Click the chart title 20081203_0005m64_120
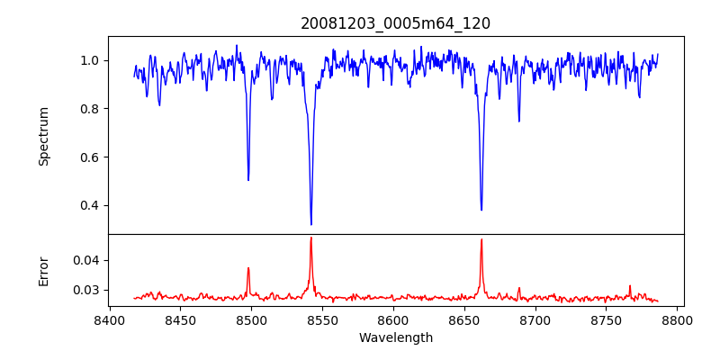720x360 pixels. (x=395, y=23)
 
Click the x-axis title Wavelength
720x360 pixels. (x=395, y=337)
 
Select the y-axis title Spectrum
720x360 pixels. (x=43, y=136)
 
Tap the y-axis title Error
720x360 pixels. (x=43, y=270)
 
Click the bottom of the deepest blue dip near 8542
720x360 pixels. (x=311, y=224)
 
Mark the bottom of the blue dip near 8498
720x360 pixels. (x=248, y=180)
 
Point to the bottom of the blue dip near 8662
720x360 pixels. (x=481, y=210)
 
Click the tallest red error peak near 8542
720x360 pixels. (x=311, y=238)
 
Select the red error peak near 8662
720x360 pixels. (x=481, y=239)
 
